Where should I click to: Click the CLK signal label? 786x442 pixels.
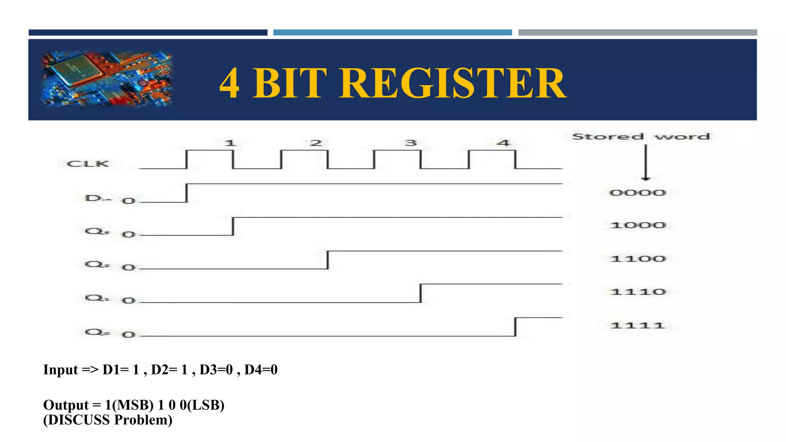(88, 164)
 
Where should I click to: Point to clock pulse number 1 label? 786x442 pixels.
(230, 143)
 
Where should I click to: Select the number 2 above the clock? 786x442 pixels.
(315, 143)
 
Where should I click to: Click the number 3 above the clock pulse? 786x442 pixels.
(410, 143)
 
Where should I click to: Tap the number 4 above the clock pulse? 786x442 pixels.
(504, 143)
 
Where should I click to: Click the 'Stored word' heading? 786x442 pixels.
(641, 137)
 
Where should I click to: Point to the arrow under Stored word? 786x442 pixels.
(646, 163)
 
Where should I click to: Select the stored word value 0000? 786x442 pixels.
(637, 193)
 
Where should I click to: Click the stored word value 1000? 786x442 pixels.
(637, 225)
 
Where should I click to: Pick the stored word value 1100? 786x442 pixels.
(637, 259)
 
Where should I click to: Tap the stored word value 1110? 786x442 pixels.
(637, 292)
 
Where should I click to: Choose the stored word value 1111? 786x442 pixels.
(637, 325)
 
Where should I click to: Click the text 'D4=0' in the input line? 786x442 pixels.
(261, 369)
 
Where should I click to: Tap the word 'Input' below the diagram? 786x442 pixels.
(61, 369)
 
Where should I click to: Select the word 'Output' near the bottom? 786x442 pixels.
(66, 405)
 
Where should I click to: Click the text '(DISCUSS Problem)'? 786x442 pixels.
(107, 420)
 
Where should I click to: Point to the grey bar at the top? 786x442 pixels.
(637, 33)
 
